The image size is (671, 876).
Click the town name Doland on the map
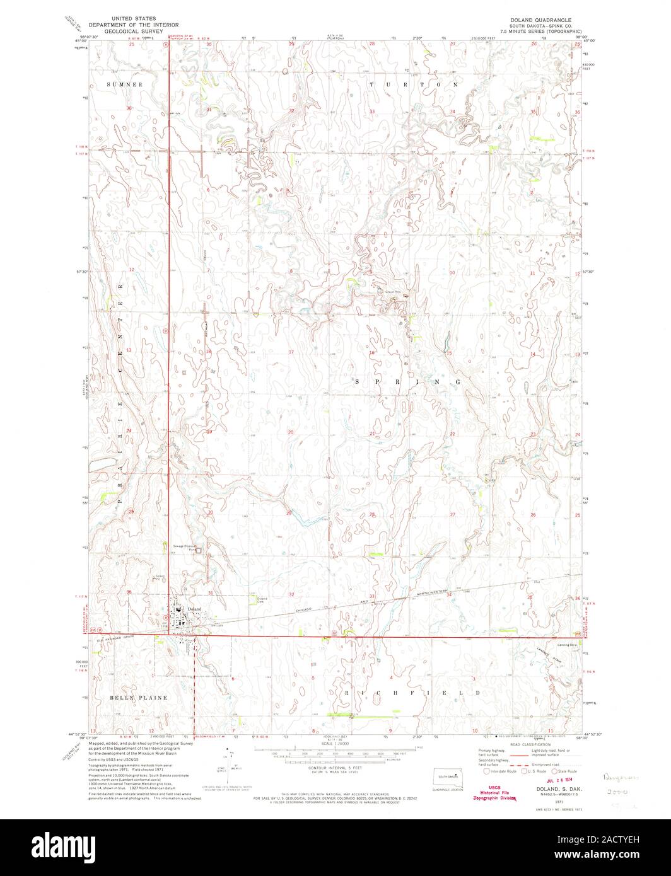point(194,609)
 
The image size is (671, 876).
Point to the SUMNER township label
point(125,84)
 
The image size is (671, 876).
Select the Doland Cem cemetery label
point(263,599)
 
